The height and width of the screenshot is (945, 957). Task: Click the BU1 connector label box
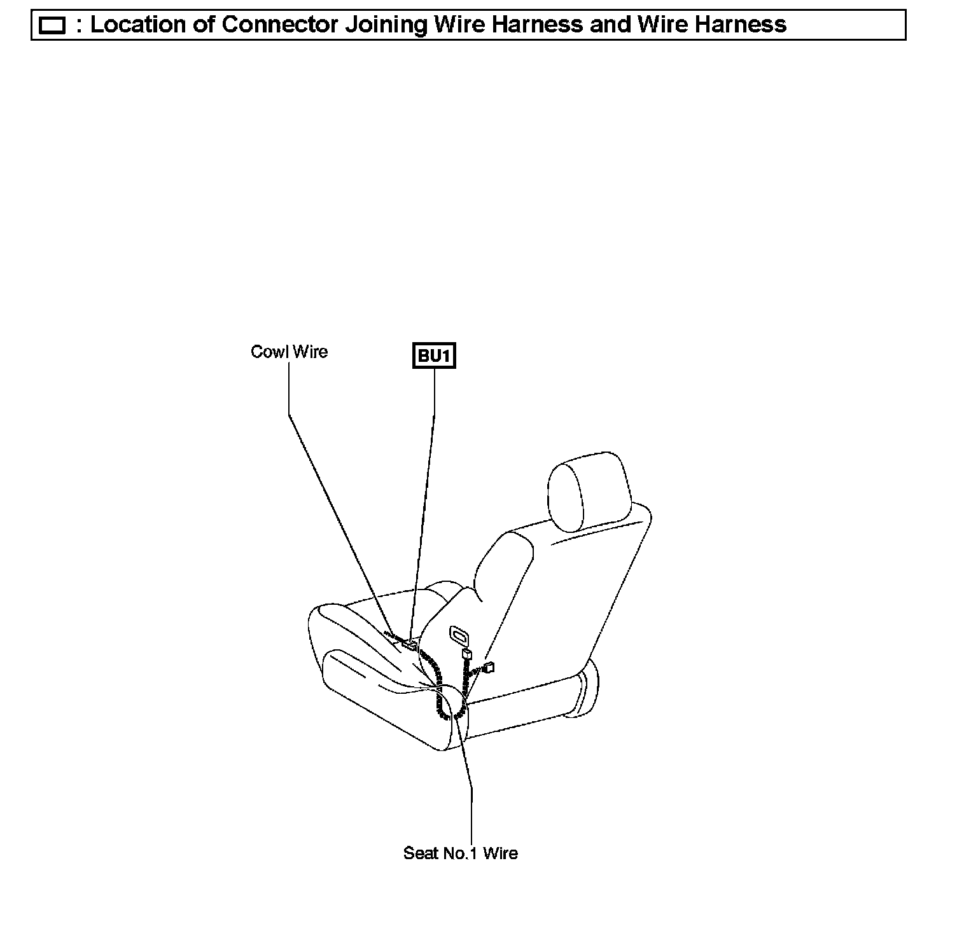pos(435,356)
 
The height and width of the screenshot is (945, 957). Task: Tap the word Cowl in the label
pos(268,352)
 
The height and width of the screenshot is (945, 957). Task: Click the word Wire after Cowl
pos(310,352)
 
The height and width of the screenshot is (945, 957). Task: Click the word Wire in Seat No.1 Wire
pos(500,853)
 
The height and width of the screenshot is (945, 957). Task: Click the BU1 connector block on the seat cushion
pos(409,645)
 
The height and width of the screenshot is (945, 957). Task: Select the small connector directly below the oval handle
pos(468,655)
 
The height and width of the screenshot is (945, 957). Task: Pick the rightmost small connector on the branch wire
pos(489,667)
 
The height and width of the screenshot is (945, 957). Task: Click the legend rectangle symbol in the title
pos(52,26)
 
